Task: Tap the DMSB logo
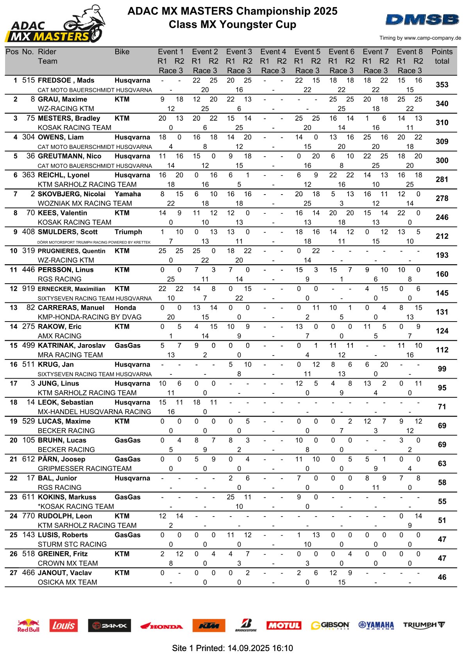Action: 422,20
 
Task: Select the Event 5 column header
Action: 307,52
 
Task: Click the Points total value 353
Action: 442,85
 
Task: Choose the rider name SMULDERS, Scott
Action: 68,232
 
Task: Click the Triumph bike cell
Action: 128,232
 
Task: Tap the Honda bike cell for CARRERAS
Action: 125,308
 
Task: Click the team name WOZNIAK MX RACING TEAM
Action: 85,204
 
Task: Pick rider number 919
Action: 29,289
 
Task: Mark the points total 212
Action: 442,236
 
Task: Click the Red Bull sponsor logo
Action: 29,625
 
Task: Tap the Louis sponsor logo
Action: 63,626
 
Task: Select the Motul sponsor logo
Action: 284,626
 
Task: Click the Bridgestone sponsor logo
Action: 246,625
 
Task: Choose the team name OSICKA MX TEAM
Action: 67,582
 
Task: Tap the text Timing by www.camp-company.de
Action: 420,38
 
